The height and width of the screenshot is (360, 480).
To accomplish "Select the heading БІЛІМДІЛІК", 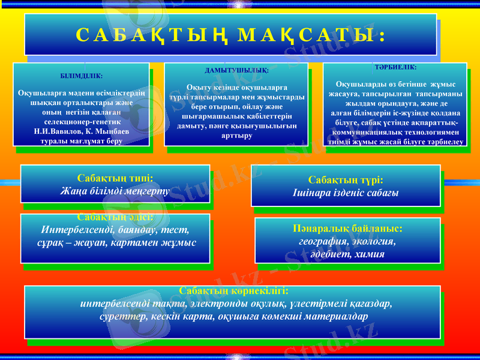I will tap(82, 76).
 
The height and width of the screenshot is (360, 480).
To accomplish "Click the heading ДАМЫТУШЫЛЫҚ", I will tap(236, 70).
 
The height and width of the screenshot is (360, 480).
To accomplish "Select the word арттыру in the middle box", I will tap(236, 136).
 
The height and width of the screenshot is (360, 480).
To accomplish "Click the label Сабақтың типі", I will tap(115, 178).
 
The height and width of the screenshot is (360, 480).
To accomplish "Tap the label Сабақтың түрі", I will tap(346, 180).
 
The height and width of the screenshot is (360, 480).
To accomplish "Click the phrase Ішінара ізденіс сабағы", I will tap(346, 193).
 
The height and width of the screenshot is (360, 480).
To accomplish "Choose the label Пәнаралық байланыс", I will tap(348, 229).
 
